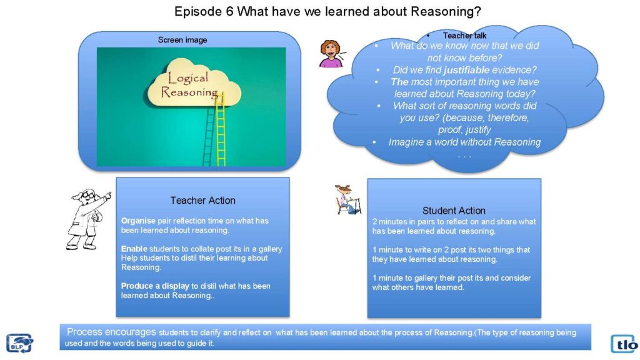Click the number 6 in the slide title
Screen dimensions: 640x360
(x=229, y=11)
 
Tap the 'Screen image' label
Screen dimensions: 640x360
(x=182, y=40)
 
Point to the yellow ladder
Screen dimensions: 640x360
(x=221, y=129)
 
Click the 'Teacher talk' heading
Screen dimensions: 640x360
(x=464, y=36)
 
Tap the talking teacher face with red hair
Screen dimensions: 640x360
(x=331, y=54)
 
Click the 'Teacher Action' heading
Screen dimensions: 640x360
(x=203, y=201)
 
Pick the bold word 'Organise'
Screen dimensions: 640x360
(x=138, y=221)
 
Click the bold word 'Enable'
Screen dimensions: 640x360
(x=134, y=249)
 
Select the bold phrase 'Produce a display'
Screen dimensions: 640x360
(x=155, y=286)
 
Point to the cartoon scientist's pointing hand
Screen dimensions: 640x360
(x=107, y=196)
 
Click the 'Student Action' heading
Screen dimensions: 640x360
(x=454, y=211)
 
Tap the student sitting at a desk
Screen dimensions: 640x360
(x=347, y=199)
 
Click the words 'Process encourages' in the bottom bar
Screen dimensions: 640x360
(x=111, y=332)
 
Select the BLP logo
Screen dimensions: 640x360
(x=19, y=343)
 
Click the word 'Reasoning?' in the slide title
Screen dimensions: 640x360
(x=446, y=11)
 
